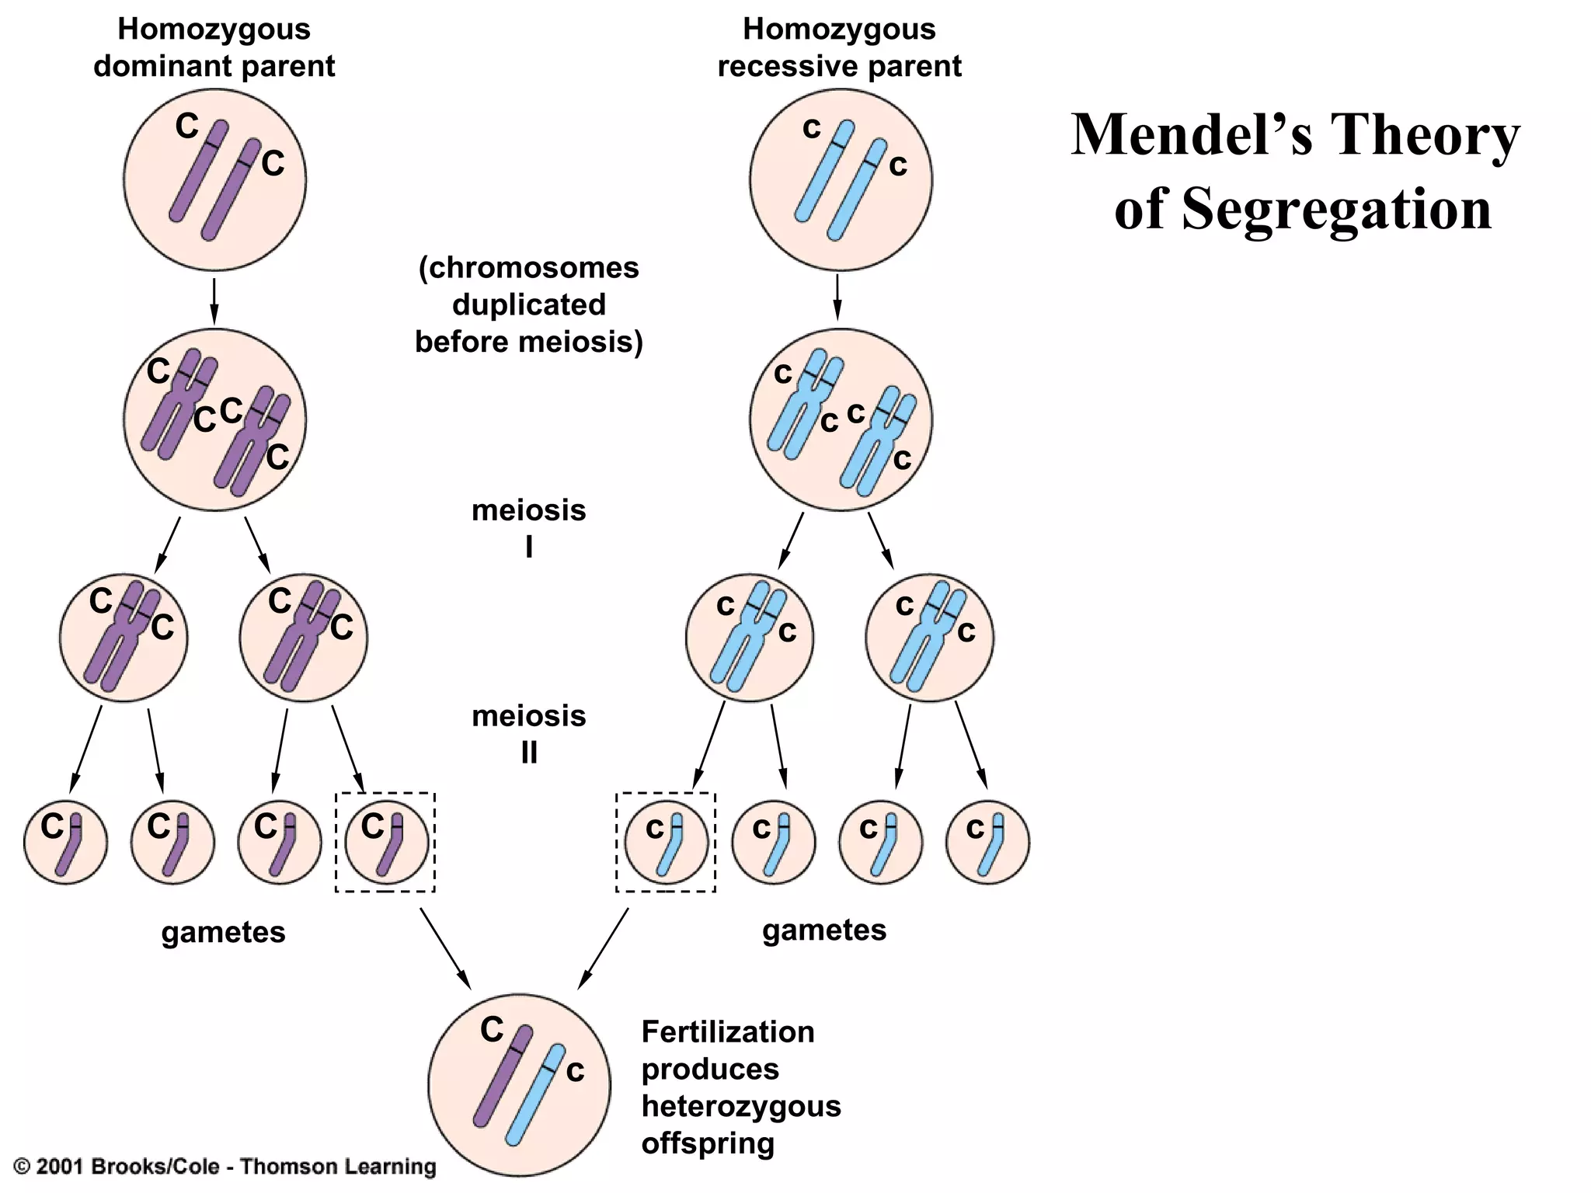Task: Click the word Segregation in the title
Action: click(x=1336, y=209)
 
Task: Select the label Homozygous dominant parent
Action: click(x=214, y=48)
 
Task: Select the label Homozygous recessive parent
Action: click(x=839, y=48)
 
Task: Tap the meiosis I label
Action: click(x=528, y=528)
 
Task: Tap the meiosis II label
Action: click(x=528, y=733)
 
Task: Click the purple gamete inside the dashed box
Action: click(x=386, y=843)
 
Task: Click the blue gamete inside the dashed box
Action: click(x=667, y=843)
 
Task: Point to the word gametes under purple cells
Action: click(x=223, y=932)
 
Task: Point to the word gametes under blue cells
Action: click(x=824, y=930)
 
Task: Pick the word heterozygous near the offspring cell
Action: click(x=741, y=1106)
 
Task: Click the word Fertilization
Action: click(x=728, y=1032)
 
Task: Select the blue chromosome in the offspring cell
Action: click(x=535, y=1096)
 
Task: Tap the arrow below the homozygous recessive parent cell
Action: click(x=837, y=297)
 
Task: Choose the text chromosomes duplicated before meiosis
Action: click(x=529, y=304)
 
